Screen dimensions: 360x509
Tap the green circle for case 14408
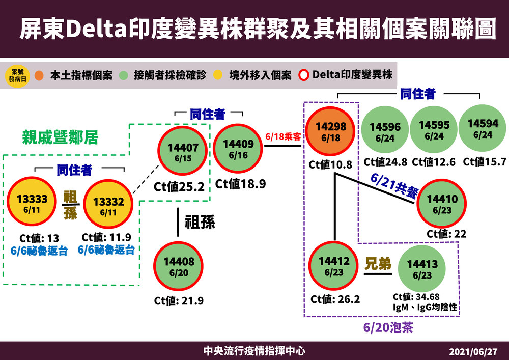[179, 266]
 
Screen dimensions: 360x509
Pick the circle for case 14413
[422, 268]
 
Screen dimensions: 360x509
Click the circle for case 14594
[483, 128]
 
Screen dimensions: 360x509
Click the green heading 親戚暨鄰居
[60, 137]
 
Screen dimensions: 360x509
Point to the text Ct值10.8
[330, 165]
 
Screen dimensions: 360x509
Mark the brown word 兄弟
[379, 264]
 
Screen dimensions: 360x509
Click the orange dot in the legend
[41, 75]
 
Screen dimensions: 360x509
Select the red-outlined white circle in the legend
[303, 75]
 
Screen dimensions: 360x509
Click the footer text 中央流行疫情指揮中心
[254, 351]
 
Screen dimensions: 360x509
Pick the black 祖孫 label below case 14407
[200, 223]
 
